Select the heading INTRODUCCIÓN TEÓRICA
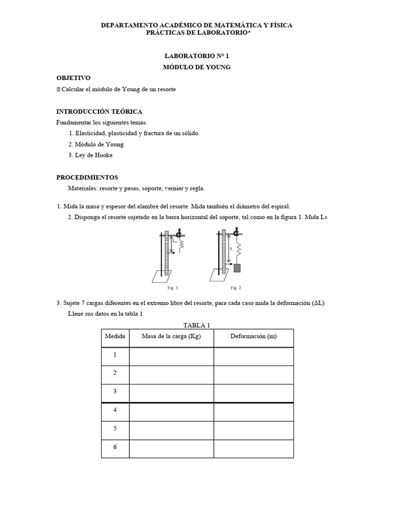point(99,111)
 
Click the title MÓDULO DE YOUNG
point(198,67)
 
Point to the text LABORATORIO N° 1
point(198,57)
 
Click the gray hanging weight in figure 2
point(238,268)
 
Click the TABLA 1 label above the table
point(197,325)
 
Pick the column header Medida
point(115,337)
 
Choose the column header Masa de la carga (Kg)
point(171,337)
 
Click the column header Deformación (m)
point(253,337)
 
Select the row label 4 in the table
point(115,410)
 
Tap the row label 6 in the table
point(115,447)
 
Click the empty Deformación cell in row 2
point(253,374)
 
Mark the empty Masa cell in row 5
point(171,429)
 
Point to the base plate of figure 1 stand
point(162,277)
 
